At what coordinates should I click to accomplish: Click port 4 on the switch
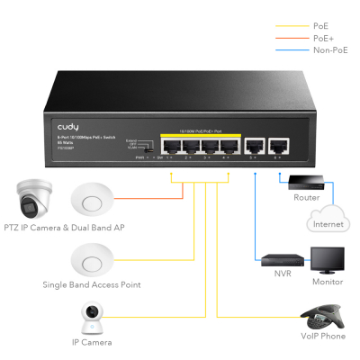coord(228,146)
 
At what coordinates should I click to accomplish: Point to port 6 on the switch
coord(280,146)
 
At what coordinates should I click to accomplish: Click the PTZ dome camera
coord(34,199)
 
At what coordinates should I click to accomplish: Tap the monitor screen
coord(326,257)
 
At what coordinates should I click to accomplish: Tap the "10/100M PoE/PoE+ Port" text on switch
coord(200,132)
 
